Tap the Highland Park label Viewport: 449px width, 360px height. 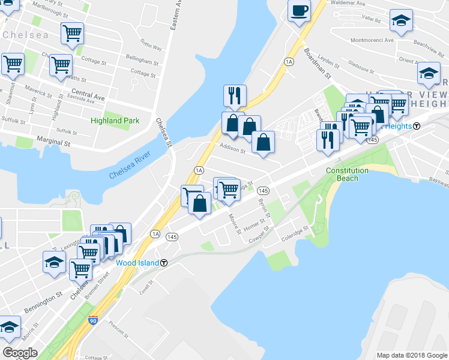pyautogui.click(x=115, y=121)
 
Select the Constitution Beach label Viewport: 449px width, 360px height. pyautogui.click(x=347, y=174)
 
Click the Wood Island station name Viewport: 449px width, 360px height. pyautogui.click(x=137, y=263)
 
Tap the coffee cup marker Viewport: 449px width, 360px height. pyautogui.click(x=299, y=10)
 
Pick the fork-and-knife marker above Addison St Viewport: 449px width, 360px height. pyautogui.click(x=234, y=95)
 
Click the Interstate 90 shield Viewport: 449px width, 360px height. pyautogui.click(x=92, y=321)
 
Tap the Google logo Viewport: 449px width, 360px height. pyautogui.click(x=20, y=353)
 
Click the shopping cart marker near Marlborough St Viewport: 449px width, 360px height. pyautogui.click(x=72, y=32)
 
